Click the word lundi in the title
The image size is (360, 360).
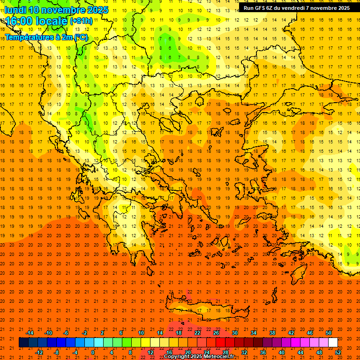[15, 10]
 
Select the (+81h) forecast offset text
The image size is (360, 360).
[81, 21]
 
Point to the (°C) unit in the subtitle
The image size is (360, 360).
[80, 37]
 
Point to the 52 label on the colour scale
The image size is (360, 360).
[338, 352]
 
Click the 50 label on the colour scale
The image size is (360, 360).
[329, 333]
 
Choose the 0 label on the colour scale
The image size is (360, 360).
[93, 352]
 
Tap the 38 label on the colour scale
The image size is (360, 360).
[272, 333]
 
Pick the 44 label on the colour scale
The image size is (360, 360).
[300, 352]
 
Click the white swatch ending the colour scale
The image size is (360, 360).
[333, 342]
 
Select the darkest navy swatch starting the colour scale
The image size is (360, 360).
[23, 342]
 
